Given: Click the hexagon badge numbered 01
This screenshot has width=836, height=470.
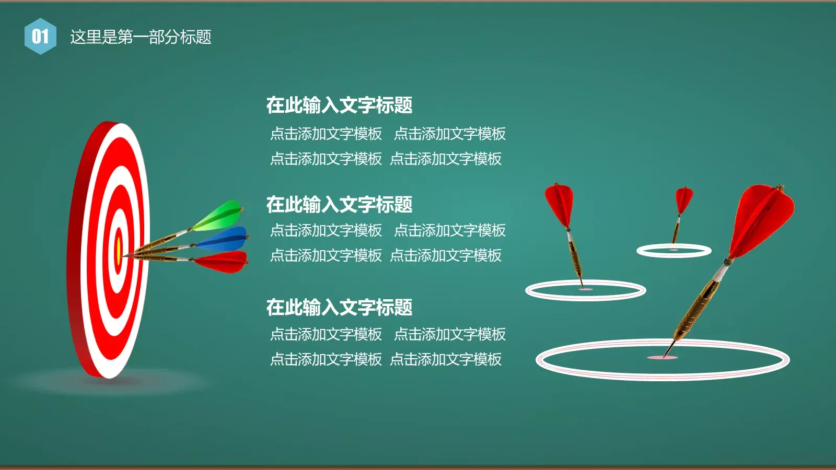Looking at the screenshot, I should (x=40, y=37).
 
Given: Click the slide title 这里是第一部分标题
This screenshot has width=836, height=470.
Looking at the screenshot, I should (x=141, y=37).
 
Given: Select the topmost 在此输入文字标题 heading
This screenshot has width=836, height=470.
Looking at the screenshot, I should (x=339, y=105).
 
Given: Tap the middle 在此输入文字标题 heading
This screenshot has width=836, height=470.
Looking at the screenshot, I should (x=339, y=204).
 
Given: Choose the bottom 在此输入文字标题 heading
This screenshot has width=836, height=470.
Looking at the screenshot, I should (x=339, y=307).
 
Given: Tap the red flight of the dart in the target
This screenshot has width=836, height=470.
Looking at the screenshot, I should (x=224, y=261).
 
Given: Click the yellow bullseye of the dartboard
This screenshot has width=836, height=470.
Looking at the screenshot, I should (x=119, y=251).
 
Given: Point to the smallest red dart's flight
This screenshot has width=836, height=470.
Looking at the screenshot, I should (x=683, y=199).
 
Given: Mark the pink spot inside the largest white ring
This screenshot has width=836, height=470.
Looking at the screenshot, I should (x=663, y=358).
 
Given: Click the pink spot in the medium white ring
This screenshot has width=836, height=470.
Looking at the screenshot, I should (x=585, y=289).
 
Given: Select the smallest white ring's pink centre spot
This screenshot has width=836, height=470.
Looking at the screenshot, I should (x=674, y=250).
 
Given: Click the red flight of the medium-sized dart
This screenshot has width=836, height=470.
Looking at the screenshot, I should (x=559, y=205).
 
